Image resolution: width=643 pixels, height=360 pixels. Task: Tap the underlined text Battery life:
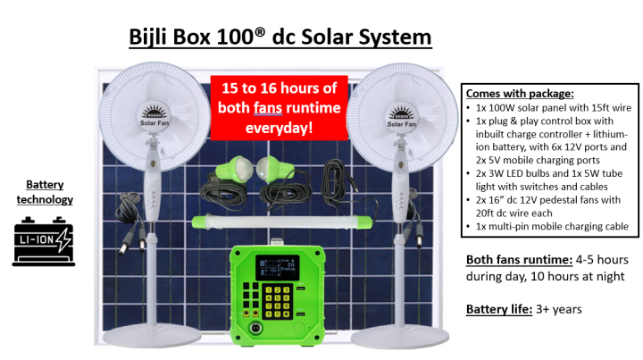(496, 309)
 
